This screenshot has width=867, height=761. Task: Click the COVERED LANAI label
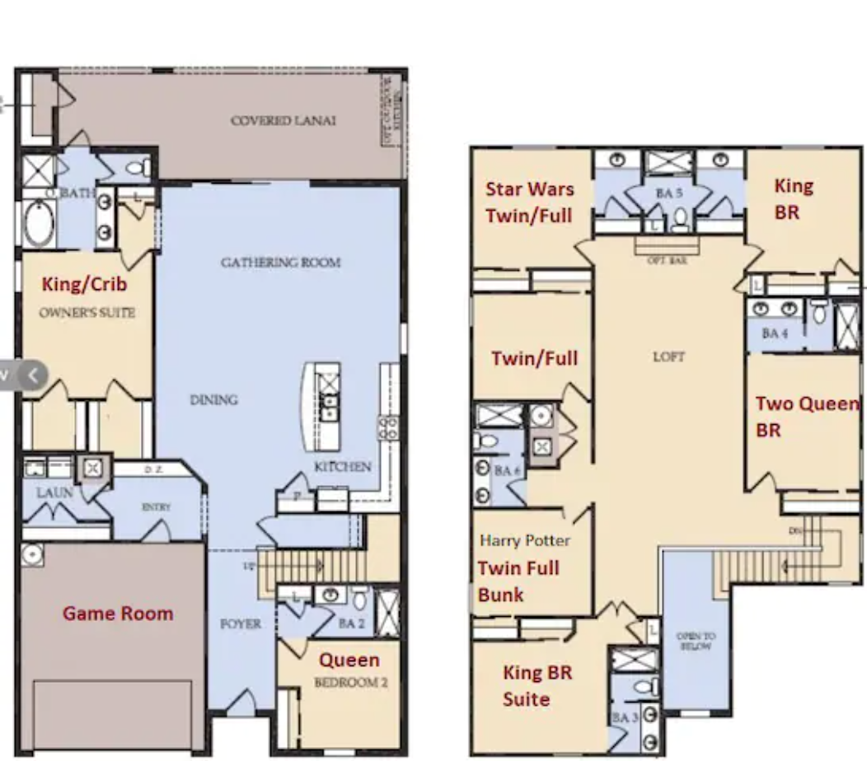pos(283,121)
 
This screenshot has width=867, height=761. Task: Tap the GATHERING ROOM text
pos(280,263)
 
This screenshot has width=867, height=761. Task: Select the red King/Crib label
pos(85,285)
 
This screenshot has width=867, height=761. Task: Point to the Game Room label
pos(118,614)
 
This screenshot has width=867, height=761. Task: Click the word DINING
pos(214,400)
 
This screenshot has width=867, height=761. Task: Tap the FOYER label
pos(241,624)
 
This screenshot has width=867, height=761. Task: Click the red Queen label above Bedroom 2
pos(349,660)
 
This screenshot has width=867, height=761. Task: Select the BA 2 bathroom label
pos(351,624)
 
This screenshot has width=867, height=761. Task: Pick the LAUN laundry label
pos(54,493)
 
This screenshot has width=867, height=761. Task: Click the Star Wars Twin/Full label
pos(528,203)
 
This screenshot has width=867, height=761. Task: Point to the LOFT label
pos(668,357)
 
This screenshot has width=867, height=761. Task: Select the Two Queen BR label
pos(806,417)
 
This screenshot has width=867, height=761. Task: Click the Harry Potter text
pos(525,541)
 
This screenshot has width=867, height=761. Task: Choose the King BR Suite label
pos(537,685)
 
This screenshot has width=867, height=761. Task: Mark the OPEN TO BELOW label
pos(696,642)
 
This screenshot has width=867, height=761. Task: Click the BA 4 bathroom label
pos(776,334)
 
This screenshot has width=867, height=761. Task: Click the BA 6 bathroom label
pos(507,471)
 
